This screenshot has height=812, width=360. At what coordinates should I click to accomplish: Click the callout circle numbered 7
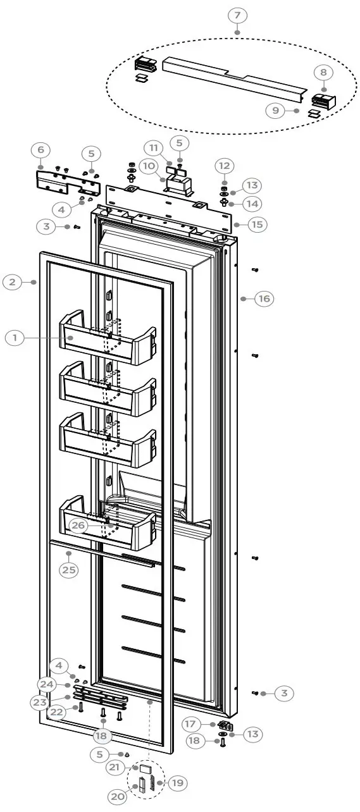click(237, 15)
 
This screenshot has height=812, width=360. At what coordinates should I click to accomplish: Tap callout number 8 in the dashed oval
click(323, 73)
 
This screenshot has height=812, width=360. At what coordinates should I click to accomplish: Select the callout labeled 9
click(275, 110)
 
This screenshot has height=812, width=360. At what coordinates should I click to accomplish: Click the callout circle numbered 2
click(13, 282)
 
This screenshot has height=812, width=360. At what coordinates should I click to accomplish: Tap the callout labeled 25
click(69, 569)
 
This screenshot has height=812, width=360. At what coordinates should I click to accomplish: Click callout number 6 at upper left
click(40, 150)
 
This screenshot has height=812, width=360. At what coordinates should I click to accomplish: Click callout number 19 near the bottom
click(177, 783)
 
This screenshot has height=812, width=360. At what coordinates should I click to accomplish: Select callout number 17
click(189, 723)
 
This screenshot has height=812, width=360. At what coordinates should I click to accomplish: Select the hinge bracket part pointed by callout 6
click(66, 183)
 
